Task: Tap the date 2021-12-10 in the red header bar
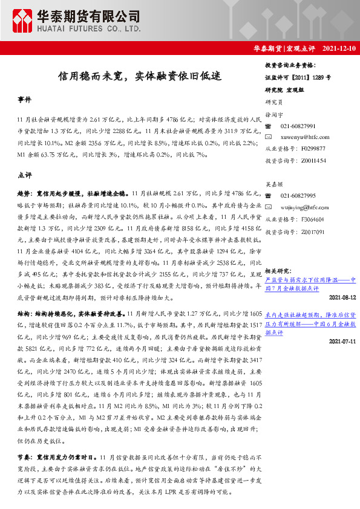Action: coord(339,48)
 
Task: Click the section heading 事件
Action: coord(24,99)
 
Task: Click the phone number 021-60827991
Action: coord(298,126)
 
